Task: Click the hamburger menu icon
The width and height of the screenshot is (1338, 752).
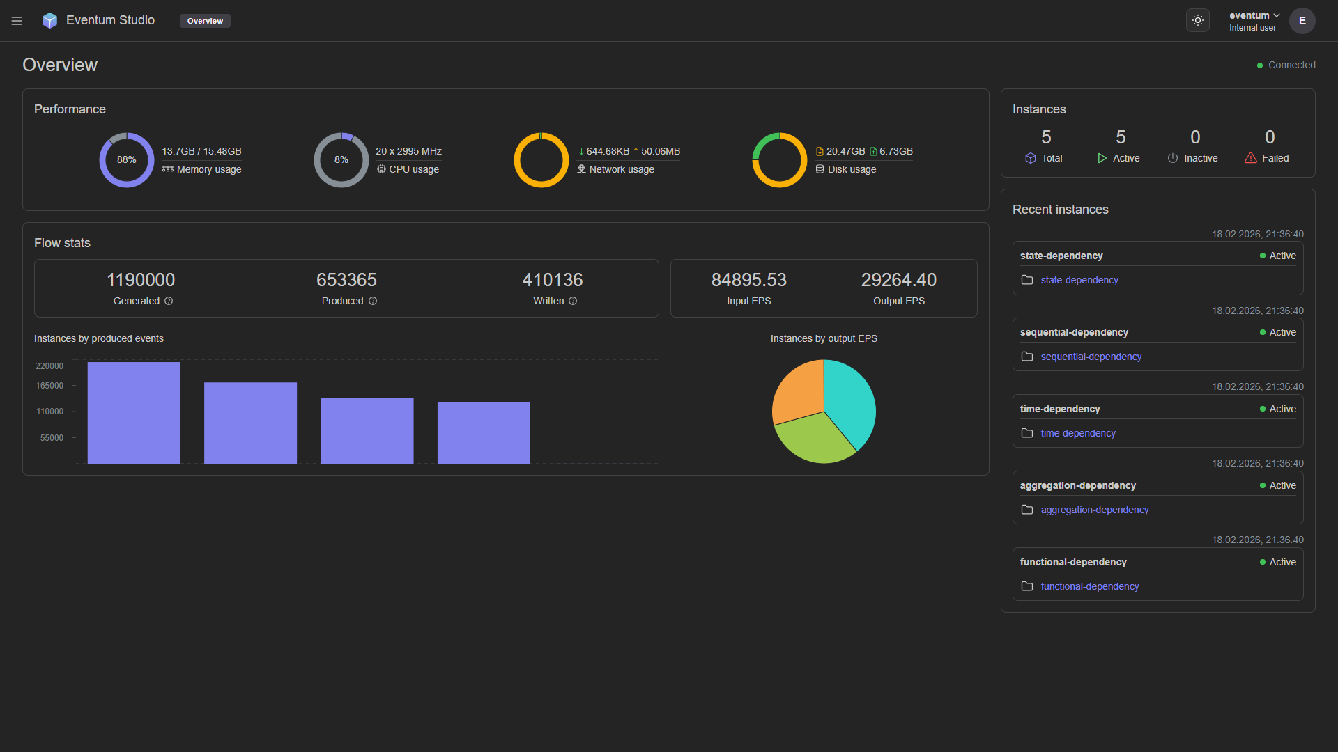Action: tap(17, 21)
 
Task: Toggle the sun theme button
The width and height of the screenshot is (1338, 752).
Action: tap(1197, 21)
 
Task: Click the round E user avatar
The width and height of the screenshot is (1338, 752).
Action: tap(1302, 21)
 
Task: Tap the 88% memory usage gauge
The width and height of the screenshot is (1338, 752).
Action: tap(126, 160)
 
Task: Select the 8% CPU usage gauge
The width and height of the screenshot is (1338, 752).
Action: tap(341, 160)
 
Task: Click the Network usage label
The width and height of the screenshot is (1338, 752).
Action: tap(621, 169)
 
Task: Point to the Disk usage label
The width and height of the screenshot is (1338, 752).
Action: tap(851, 169)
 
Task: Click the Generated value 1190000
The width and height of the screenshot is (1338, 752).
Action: tap(141, 280)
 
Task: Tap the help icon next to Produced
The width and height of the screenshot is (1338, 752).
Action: tap(373, 301)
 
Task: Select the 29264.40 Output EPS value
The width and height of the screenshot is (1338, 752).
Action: tap(898, 280)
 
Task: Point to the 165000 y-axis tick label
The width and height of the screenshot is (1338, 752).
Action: tap(49, 386)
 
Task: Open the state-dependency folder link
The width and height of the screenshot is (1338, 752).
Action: tap(1079, 280)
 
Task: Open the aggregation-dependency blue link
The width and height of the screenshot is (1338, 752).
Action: tap(1094, 510)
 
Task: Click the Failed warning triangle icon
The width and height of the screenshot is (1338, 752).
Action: tap(1251, 158)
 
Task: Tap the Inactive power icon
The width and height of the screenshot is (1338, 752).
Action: tap(1173, 158)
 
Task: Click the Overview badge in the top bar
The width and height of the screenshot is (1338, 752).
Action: tap(205, 21)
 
